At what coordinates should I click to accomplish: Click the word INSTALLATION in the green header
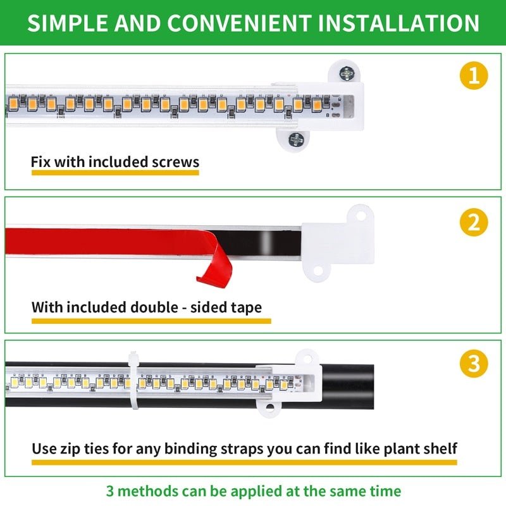(398, 23)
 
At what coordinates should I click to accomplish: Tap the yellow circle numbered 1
(474, 76)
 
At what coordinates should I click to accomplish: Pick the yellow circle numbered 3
(474, 364)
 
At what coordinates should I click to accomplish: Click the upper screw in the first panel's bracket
(347, 74)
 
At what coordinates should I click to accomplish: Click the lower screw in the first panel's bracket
(295, 139)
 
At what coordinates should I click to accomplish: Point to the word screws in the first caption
(175, 162)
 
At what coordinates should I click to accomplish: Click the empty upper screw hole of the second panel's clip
(361, 216)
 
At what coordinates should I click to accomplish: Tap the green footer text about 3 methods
(253, 490)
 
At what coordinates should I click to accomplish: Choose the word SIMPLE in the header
(68, 23)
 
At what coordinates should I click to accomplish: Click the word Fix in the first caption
(40, 162)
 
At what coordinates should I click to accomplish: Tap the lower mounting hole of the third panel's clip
(270, 407)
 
